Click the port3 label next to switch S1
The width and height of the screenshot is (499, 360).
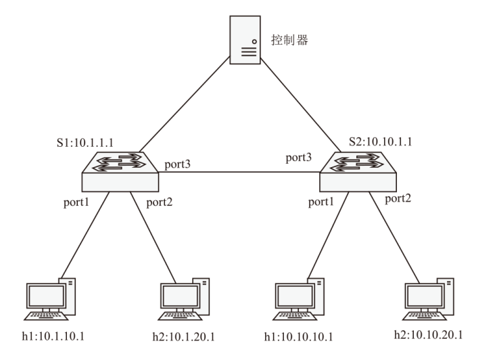click(178, 164)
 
